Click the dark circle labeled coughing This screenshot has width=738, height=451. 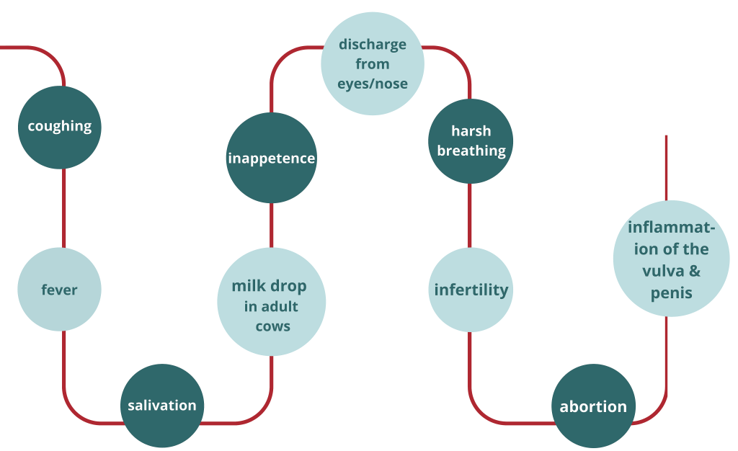click(60, 127)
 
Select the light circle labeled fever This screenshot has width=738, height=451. click(59, 290)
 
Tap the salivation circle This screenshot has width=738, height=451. click(162, 405)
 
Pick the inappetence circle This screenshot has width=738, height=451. click(272, 158)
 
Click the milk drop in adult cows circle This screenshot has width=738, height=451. click(271, 303)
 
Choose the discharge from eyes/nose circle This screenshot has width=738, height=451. click(372, 63)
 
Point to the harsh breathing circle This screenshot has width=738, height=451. click(471, 140)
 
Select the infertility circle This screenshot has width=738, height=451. click(471, 290)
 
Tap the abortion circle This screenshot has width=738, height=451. click(593, 406)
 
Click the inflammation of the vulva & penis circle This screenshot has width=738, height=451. click(671, 259)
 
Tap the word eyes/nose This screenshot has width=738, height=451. click(373, 84)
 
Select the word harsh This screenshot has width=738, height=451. click(471, 131)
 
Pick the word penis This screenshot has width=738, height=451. click(671, 293)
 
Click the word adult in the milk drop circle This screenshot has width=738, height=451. click(279, 306)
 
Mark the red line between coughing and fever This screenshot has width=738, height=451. click(63, 209)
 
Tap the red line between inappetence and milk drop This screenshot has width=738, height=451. click(272, 225)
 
